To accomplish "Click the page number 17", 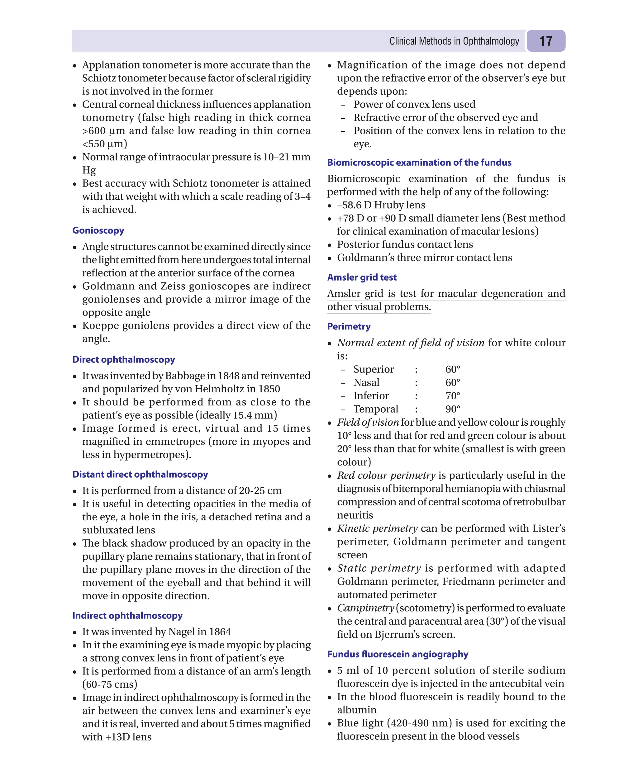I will point(545,41).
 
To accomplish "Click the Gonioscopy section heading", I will point(98,230).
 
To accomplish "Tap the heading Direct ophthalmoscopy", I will point(123,359).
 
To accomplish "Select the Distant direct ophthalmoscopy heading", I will point(140,474).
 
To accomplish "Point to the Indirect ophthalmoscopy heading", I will point(127,615).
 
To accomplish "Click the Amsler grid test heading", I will point(362,277).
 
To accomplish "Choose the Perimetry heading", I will point(349,326).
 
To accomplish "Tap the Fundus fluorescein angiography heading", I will point(398,654).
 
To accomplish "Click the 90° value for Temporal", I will point(452,409).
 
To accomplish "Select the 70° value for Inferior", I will point(452,396).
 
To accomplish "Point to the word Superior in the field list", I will point(374,369).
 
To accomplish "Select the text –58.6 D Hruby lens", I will point(381,205).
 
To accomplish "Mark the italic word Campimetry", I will point(365,608).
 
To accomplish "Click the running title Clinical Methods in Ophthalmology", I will point(454,41).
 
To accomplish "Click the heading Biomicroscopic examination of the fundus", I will point(419,163).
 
